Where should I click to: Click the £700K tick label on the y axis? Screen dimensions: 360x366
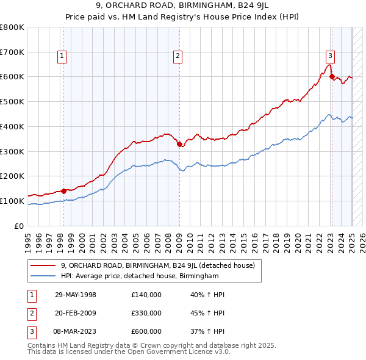(12, 52)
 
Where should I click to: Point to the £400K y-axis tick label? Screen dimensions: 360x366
(12, 126)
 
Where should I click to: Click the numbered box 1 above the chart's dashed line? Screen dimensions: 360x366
(63, 56)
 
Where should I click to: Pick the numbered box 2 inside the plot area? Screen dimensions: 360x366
(178, 56)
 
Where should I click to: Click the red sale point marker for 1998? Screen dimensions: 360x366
(63, 191)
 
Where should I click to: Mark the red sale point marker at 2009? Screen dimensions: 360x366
(179, 144)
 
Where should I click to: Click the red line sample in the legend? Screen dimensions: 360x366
(43, 265)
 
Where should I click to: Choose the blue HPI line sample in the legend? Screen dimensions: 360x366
(43, 276)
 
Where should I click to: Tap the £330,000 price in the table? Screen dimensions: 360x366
(146, 313)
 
